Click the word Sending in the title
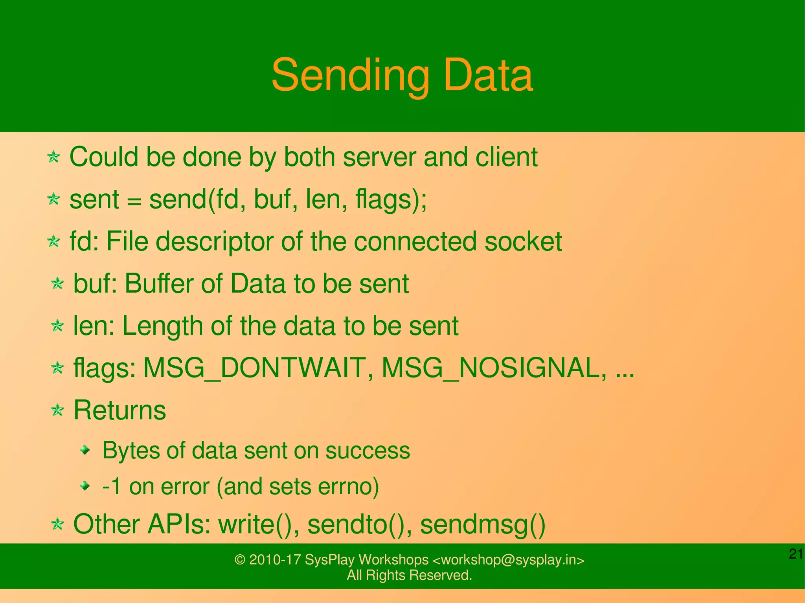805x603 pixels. (350, 75)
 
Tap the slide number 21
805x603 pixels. (796, 554)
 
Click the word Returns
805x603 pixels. (120, 411)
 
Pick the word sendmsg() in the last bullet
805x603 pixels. (483, 524)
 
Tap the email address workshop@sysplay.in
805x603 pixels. (508, 559)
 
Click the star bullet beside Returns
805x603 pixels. (57, 411)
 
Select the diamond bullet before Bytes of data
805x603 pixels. (85, 450)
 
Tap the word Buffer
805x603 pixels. (160, 284)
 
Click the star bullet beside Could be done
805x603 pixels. (53, 157)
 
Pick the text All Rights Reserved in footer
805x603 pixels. (409, 575)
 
